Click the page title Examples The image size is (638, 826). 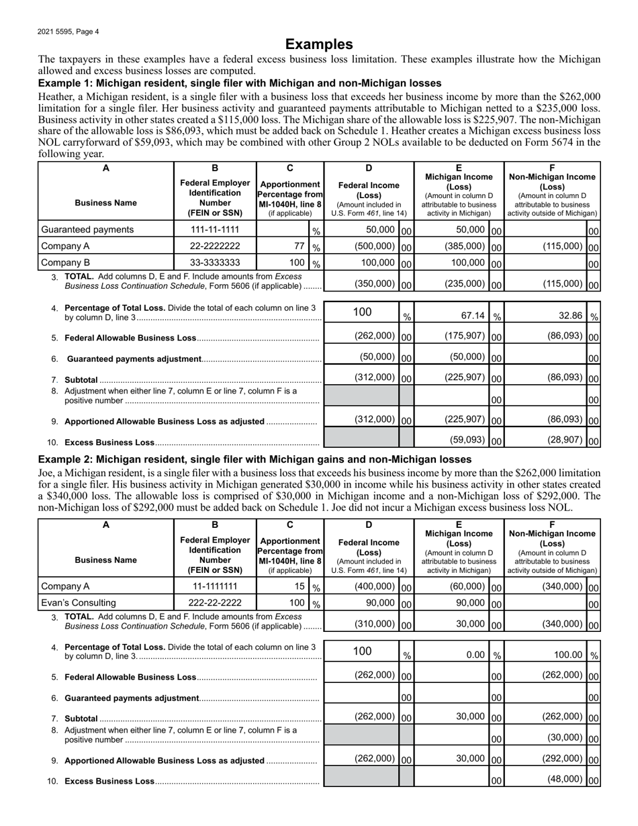click(319, 44)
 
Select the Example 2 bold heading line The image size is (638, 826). click(255, 459)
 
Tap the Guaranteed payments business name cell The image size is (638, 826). click(87, 230)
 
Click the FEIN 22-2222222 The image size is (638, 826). click(215, 246)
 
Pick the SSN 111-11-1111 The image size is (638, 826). click(215, 230)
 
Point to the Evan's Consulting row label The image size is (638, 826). click(79, 602)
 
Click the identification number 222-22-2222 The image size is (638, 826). click(215, 602)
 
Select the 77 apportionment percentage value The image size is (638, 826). click(300, 246)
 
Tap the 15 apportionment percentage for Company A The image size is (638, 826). click(300, 586)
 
